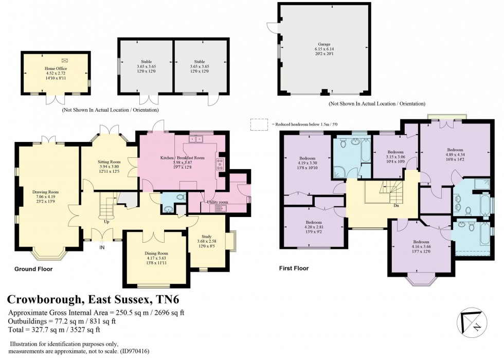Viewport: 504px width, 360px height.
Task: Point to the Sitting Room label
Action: pyautogui.click(x=108, y=161)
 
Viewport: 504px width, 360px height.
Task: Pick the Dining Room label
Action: pyautogui.click(x=156, y=253)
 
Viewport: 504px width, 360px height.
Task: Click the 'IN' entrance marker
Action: pyautogui.click(x=102, y=247)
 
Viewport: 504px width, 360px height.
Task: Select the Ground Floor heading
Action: pyautogui.click(x=33, y=269)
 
